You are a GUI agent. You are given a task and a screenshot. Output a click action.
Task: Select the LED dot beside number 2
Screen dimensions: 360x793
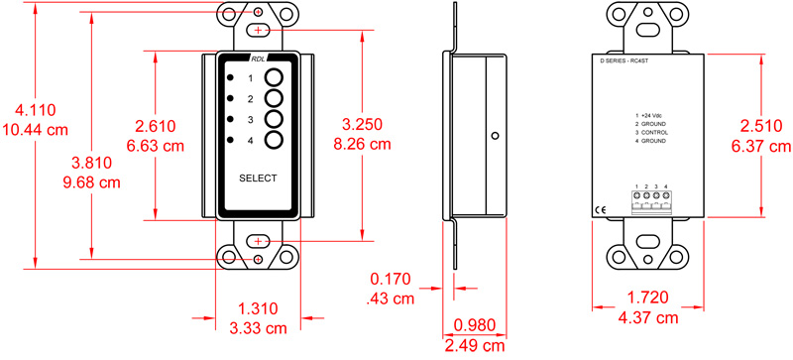pos(231,98)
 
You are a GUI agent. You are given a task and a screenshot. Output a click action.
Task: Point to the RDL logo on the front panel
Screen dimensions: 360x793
pos(258,60)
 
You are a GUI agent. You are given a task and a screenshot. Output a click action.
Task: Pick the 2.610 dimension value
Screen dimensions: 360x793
pos(158,126)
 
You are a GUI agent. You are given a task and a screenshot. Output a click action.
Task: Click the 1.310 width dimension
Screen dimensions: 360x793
pos(257,308)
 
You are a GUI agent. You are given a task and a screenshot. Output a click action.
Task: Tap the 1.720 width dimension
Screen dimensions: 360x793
pos(649,298)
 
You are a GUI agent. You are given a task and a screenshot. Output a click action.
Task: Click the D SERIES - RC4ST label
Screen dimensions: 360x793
pos(632,61)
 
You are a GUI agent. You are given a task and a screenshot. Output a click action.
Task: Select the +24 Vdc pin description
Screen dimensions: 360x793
pos(651,116)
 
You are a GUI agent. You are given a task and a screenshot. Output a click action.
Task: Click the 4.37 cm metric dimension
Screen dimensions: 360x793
pos(649,317)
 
